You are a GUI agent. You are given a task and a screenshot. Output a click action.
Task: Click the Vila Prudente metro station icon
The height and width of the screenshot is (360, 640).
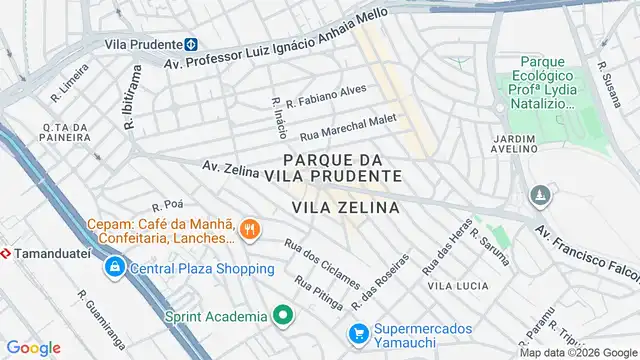[190, 44]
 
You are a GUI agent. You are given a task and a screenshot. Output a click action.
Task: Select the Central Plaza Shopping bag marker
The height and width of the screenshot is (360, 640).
[116, 268]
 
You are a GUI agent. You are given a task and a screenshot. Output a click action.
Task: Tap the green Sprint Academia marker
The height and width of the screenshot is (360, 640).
[283, 316]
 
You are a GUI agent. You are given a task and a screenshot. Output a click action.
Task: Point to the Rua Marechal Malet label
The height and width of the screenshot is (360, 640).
[349, 125]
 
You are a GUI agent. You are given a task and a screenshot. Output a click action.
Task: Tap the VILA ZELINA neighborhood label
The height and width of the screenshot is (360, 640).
[346, 207]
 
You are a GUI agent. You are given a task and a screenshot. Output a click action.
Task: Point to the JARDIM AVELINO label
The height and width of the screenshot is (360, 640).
[515, 142]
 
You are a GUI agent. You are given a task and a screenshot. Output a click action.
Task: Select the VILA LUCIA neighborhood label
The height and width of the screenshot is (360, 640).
[458, 286]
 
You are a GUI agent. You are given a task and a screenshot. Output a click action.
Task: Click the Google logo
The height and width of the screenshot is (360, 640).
[34, 348]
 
